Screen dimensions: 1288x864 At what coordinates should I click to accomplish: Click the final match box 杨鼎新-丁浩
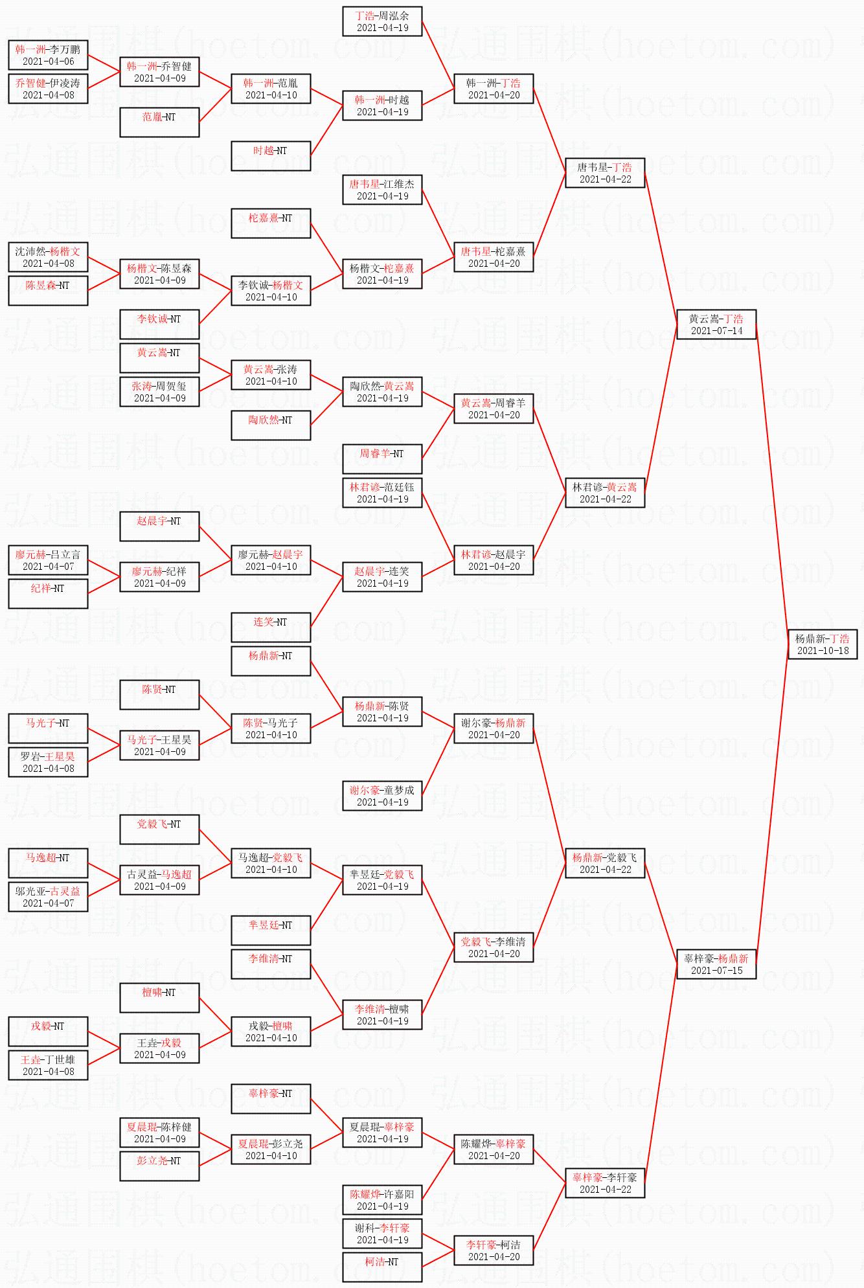(x=823, y=644)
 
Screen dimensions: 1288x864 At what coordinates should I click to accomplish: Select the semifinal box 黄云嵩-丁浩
(x=716, y=324)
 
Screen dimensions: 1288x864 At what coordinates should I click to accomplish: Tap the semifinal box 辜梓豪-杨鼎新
(x=716, y=964)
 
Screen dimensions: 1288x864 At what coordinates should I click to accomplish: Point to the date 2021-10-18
(x=823, y=651)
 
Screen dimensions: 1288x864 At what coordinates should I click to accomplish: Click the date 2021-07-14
(x=716, y=331)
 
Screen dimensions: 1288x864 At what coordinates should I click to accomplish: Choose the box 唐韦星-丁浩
(x=605, y=173)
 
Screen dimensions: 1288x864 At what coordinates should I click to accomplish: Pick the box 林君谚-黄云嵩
(x=605, y=493)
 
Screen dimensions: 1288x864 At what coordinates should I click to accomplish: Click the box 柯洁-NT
(x=382, y=1267)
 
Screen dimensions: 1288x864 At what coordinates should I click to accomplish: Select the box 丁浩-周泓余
(x=382, y=21)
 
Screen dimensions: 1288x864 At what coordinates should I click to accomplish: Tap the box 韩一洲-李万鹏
(x=48, y=55)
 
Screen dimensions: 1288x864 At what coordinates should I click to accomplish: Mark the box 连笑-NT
(x=271, y=627)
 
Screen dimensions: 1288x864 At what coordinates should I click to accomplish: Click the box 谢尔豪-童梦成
(x=382, y=796)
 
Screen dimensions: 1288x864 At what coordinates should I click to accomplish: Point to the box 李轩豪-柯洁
(x=494, y=1250)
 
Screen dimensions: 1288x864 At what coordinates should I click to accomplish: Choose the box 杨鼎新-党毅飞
(x=605, y=863)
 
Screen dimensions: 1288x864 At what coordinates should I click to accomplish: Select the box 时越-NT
(x=271, y=156)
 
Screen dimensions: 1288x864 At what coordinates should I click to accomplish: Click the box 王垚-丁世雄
(x=48, y=1065)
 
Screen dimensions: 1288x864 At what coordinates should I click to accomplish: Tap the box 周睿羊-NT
(x=382, y=459)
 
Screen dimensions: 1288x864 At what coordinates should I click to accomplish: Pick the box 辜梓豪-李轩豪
(x=605, y=1183)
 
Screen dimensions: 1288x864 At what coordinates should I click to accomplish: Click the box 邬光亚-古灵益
(x=48, y=897)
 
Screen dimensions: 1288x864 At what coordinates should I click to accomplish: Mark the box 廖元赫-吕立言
(x=48, y=560)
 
